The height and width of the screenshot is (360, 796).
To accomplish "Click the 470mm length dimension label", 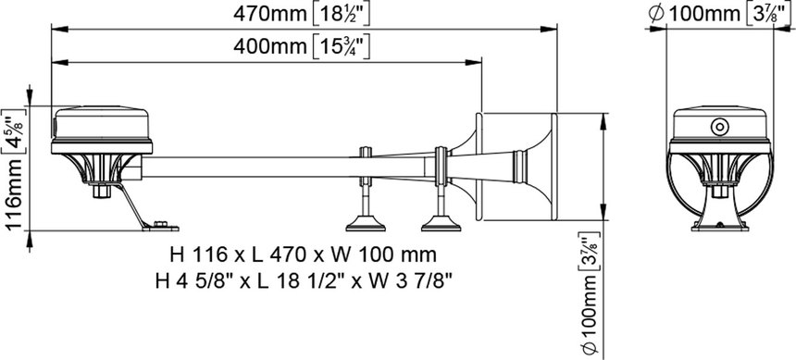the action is (270, 14).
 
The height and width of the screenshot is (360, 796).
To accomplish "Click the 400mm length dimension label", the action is (270, 46).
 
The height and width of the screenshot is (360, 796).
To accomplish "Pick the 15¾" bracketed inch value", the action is (340, 46).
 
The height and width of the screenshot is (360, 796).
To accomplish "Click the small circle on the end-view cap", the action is (720, 127).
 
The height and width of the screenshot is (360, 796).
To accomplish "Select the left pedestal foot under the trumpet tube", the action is (365, 223).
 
